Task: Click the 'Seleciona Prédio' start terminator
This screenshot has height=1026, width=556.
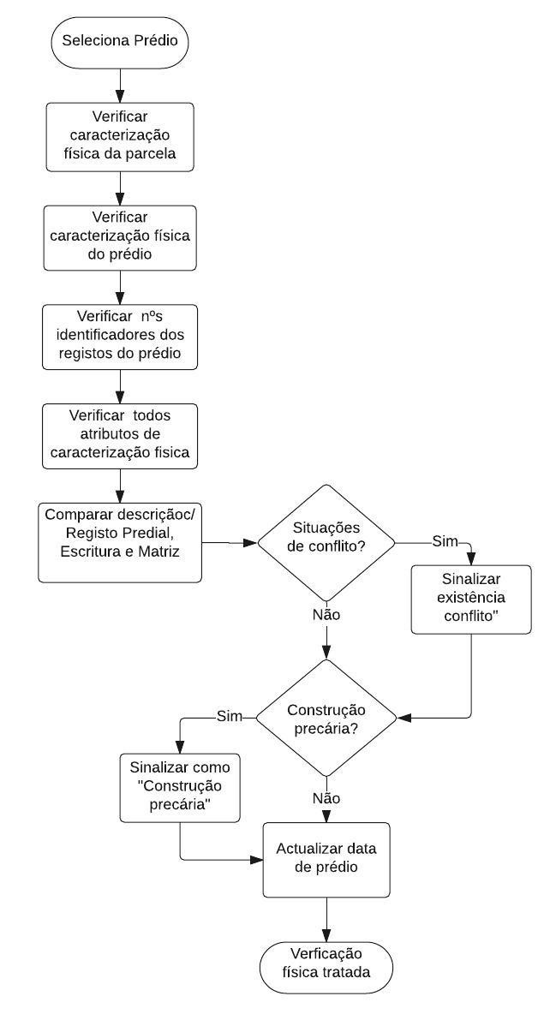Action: (121, 41)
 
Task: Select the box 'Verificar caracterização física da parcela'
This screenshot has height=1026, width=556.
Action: (120, 137)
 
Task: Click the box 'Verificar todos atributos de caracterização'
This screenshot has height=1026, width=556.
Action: (120, 435)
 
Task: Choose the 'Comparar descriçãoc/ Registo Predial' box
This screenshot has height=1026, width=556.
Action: (120, 542)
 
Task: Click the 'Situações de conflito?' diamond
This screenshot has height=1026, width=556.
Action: (326, 542)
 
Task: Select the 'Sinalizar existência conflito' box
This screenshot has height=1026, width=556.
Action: (471, 599)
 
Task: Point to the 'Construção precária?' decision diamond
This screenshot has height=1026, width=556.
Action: (326, 718)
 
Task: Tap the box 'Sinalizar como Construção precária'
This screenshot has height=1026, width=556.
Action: (179, 787)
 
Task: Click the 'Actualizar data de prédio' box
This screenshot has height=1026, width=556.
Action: (326, 859)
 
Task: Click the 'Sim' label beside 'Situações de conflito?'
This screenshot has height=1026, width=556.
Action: (445, 542)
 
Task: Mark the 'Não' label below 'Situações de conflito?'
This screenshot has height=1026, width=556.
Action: (326, 616)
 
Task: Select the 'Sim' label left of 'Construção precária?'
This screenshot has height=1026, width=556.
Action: (230, 717)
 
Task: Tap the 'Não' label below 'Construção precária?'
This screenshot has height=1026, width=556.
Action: (326, 798)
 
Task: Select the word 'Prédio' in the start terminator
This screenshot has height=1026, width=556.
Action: (154, 40)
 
